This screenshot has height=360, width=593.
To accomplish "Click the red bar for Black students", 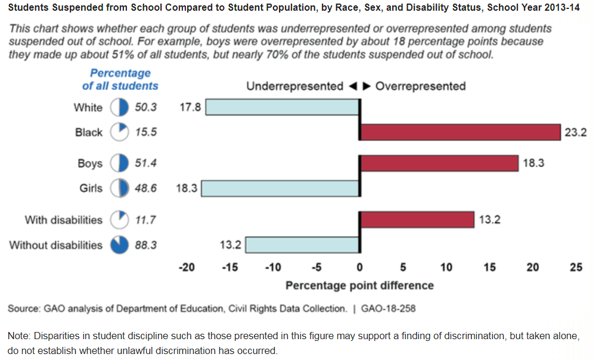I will (x=460, y=132).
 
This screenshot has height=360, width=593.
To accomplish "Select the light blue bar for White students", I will (x=282, y=107).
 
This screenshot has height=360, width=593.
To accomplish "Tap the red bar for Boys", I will (x=439, y=163).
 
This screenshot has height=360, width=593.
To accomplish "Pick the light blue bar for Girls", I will (x=280, y=188).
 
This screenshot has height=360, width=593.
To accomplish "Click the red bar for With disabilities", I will (x=417, y=220).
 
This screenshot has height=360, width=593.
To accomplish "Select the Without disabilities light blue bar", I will (x=302, y=245).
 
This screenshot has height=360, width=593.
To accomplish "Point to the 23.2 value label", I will (x=576, y=133).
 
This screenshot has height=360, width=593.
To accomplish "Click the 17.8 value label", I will (x=190, y=108).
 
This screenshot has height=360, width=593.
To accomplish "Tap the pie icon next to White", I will (x=120, y=108).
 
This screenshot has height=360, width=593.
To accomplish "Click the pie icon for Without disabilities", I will (x=120, y=245).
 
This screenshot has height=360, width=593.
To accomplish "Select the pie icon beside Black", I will (x=120, y=132).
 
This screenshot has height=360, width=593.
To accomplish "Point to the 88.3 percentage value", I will (x=145, y=245).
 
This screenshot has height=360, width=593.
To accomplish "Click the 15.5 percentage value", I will (x=145, y=132).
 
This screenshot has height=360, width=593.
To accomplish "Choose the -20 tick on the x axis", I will (x=187, y=268).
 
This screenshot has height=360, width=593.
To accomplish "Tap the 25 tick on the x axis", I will (x=576, y=268).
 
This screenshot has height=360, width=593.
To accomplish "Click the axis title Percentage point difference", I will (x=359, y=285).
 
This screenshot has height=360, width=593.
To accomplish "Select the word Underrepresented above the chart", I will (x=294, y=86).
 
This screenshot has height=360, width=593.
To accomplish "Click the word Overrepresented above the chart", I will (x=421, y=86).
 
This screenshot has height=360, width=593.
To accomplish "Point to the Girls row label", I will (x=91, y=188).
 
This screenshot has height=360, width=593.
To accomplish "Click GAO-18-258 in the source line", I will (x=388, y=309).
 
